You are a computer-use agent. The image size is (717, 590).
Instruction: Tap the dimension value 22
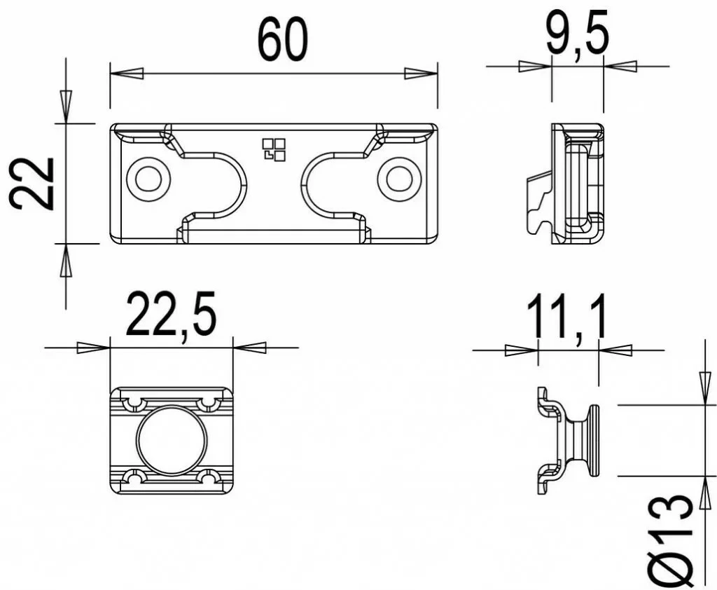click(33, 183)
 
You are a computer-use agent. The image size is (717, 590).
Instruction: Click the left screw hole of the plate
click(148, 179)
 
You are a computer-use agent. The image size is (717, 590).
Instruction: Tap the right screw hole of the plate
click(399, 179)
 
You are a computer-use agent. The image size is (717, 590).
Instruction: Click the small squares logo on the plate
click(274, 149)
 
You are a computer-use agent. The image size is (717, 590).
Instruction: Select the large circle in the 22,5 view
click(172, 439)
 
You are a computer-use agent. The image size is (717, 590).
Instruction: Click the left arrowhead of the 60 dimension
click(127, 74)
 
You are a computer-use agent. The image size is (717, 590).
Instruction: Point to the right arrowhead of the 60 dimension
click(421, 74)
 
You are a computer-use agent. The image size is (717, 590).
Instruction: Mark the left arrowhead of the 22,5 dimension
click(93, 348)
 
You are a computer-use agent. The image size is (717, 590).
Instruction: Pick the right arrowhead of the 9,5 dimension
click(620, 67)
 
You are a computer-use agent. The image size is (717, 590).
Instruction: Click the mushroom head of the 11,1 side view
click(593, 441)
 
